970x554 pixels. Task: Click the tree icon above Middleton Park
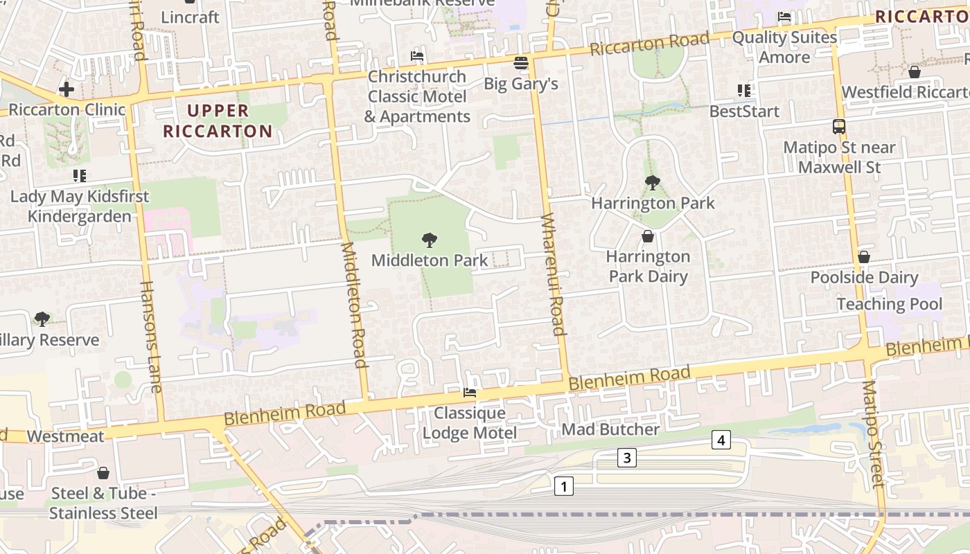pos(429,240)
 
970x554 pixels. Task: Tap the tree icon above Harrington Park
pos(652,183)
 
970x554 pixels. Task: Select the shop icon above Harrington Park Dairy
pos(648,237)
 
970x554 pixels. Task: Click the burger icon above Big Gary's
pos(521,64)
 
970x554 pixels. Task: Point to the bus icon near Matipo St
pos(839,127)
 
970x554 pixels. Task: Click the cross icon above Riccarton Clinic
pos(67,89)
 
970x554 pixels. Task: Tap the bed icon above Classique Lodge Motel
pos(470,393)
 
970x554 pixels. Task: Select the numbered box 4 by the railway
pos(721,440)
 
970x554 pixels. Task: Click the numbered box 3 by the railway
pos(627,457)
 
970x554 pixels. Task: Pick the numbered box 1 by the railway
pos(564,486)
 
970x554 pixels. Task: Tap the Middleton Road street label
pos(353,305)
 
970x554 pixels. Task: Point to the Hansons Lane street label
pos(151,337)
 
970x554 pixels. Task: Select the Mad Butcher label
pos(610,429)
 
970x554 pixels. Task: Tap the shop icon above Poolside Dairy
pos(864,257)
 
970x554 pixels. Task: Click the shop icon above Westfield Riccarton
pos(915,72)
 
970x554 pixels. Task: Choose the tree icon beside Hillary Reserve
pos(42,319)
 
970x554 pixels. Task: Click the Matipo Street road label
pos(874,434)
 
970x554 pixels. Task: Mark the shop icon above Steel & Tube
pos(103,473)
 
